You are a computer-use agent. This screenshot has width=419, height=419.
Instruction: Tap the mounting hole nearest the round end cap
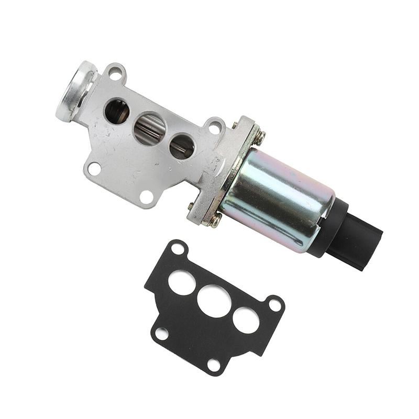(x=115, y=73)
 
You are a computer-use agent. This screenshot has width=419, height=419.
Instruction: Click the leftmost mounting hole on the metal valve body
(x=94, y=169)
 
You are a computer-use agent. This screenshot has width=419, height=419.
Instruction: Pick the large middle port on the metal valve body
(x=149, y=129)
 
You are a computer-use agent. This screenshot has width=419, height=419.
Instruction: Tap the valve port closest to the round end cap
(x=117, y=111)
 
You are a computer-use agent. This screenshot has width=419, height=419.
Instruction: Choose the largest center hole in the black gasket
(x=214, y=300)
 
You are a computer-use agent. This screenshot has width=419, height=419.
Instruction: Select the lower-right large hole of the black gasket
(x=246, y=319)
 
